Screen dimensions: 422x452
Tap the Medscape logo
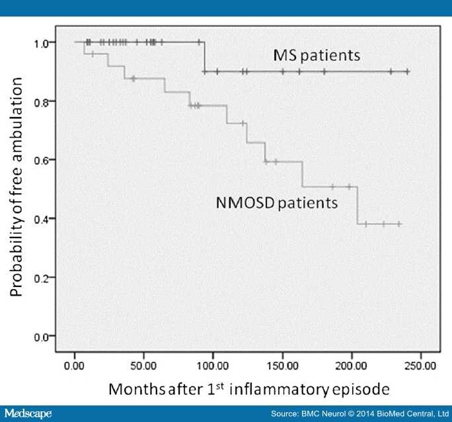pyautogui.click(x=26, y=413)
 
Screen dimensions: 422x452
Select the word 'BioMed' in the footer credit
pyautogui.click(x=390, y=414)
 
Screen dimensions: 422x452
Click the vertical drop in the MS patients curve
pyautogui.click(x=204, y=57)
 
